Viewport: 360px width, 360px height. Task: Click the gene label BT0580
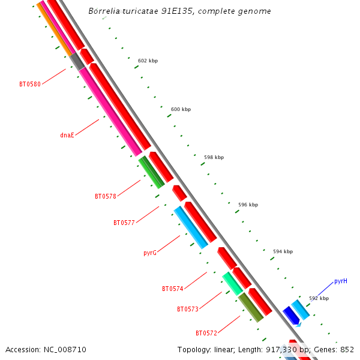(29, 85)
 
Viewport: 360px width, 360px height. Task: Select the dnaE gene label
(67, 135)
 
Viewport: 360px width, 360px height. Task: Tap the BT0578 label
(106, 196)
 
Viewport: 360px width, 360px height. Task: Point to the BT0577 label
(124, 223)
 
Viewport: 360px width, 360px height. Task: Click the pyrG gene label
(150, 253)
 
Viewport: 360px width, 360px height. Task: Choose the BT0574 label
(172, 289)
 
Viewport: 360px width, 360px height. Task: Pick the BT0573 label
(187, 309)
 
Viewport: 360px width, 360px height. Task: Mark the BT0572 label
(206, 333)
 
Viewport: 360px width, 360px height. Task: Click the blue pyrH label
(341, 281)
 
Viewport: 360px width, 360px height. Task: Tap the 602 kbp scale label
(148, 61)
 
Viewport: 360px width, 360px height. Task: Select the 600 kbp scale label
(181, 109)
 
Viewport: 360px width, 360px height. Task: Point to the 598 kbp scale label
(214, 157)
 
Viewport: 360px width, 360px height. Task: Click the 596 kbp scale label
(248, 205)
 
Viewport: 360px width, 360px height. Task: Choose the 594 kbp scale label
(283, 251)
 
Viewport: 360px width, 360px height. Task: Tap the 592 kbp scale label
(319, 298)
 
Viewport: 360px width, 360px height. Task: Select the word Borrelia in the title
(106, 11)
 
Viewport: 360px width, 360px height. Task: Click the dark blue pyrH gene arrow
(291, 315)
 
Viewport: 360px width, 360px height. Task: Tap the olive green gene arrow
(251, 307)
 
